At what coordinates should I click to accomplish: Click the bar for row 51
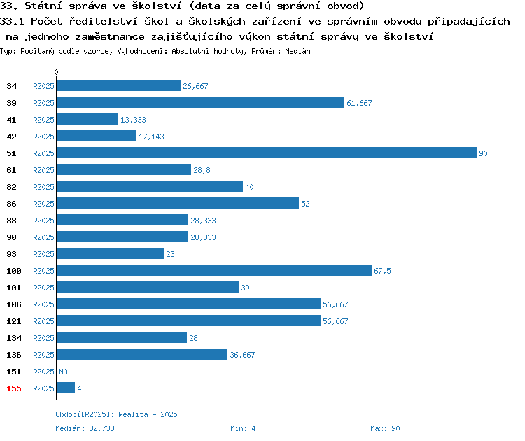coord(267,153)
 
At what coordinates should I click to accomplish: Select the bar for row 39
coord(201,102)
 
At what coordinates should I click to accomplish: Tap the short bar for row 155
coord(66,388)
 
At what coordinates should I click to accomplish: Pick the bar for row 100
coord(214,270)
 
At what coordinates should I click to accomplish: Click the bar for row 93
coord(111,253)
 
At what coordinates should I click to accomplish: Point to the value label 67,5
coord(382,271)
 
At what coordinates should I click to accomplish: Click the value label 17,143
coord(151,136)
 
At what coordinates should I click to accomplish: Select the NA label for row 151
coord(63,372)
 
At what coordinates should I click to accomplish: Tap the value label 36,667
coord(242,355)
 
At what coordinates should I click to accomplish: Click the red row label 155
coord(14,388)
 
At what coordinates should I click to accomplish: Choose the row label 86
coord(11,204)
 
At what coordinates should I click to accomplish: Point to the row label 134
coord(14,338)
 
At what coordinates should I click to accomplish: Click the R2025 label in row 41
coord(43,120)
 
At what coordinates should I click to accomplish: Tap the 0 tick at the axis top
coord(56,72)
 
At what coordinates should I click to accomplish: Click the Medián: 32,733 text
coord(85,428)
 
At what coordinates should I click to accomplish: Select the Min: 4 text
coord(243,428)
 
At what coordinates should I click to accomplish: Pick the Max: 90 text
coord(385,428)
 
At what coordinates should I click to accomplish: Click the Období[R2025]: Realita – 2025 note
coord(116,414)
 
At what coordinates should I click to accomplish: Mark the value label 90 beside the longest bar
coord(483,153)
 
